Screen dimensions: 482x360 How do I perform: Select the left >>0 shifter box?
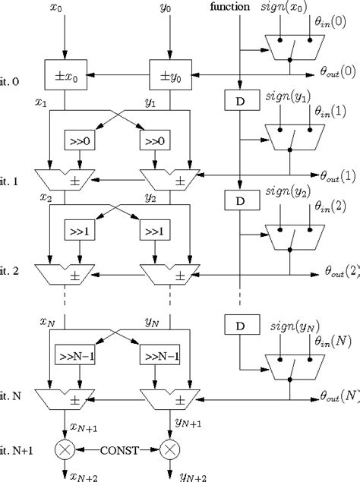pos(79,141)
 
